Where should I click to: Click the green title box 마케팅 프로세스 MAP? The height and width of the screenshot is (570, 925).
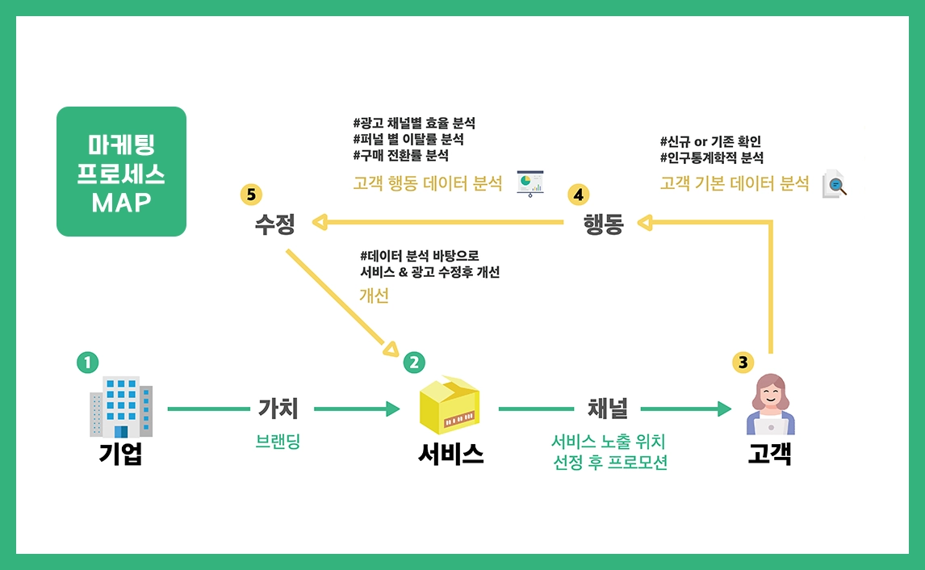[x=121, y=172]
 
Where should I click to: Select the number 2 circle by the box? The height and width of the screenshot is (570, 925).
[x=413, y=363]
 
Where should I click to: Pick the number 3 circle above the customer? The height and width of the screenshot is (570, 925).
[x=743, y=363]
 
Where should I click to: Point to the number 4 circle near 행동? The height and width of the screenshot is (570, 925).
[x=578, y=195]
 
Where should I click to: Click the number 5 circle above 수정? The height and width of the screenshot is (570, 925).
[x=251, y=195]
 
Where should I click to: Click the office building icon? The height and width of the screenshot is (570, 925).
[x=121, y=406]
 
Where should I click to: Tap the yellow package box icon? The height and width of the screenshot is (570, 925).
[x=450, y=406]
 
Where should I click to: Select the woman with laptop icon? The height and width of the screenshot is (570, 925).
[x=771, y=405]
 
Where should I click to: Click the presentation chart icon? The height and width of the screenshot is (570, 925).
[x=530, y=182]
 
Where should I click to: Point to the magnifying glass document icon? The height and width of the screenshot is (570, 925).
[x=835, y=184]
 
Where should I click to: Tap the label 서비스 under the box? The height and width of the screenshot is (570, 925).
[x=451, y=455]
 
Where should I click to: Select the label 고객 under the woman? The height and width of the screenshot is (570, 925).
[x=769, y=455]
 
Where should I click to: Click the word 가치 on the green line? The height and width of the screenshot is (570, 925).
[x=278, y=409]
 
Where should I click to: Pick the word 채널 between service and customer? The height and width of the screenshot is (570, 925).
[x=608, y=409]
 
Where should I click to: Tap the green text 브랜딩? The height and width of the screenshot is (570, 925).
[x=278, y=442]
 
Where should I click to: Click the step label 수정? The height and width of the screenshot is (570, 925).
[x=275, y=224]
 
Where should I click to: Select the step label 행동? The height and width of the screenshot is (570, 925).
[x=604, y=224]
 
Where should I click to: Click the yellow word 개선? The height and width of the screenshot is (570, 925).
[x=374, y=295]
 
